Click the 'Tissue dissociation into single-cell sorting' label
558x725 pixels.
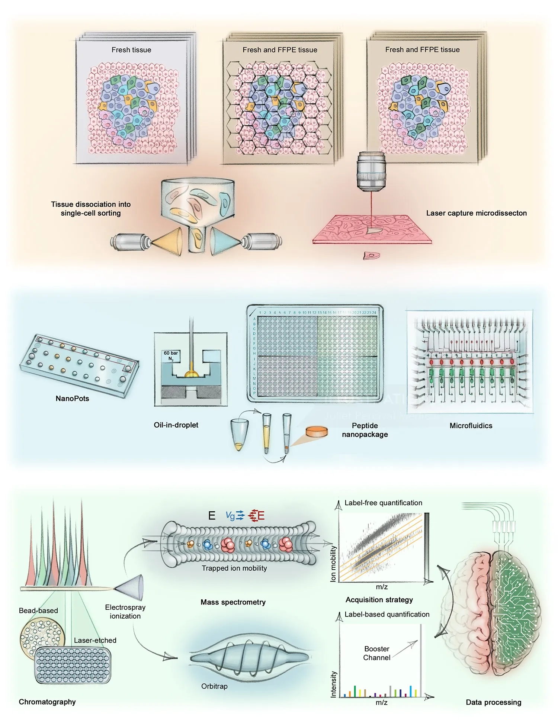[91, 209]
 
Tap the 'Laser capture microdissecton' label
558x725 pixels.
[476, 213]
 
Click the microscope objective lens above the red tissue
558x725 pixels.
[371, 171]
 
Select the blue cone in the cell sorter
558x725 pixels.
[225, 241]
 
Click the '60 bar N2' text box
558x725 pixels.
[171, 356]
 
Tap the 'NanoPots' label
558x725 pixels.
[72, 399]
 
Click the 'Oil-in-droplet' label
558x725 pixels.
[176, 425]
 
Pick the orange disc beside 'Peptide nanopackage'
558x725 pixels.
[317, 432]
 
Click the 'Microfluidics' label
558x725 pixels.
[471, 426]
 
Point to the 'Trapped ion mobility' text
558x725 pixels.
[234, 568]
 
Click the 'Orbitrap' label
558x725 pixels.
[214, 686]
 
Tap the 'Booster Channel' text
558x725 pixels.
[376, 653]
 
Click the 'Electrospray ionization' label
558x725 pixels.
[125, 612]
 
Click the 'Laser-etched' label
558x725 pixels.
[95, 640]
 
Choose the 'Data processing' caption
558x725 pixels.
[493, 702]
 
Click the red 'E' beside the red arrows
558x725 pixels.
[261, 516]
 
